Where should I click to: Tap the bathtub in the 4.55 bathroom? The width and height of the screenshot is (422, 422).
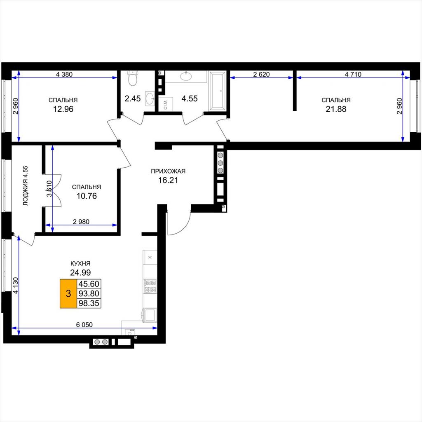218,91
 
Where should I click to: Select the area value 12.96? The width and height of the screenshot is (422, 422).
63,109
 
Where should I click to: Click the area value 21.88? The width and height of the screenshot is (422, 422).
336,109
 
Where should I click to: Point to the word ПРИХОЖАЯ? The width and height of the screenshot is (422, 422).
168,171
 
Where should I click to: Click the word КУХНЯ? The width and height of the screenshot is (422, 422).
80,263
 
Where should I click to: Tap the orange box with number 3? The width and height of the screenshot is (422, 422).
68,293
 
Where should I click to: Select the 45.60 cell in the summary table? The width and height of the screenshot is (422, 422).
89,284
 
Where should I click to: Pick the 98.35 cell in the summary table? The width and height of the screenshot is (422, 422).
89,303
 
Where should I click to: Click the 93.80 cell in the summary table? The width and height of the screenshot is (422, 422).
89,293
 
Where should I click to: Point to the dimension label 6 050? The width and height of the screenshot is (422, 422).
84,325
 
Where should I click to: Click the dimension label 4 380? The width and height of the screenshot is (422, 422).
64,74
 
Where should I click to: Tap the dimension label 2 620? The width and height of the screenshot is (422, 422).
261,74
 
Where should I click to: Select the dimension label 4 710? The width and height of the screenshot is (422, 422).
353,74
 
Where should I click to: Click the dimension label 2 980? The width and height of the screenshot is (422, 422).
81,222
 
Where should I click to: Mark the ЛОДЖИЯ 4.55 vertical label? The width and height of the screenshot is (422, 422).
26,186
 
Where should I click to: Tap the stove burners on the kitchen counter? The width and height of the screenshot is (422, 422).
150,286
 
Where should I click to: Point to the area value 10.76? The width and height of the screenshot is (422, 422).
87,196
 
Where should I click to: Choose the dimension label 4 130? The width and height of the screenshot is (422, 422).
16,286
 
